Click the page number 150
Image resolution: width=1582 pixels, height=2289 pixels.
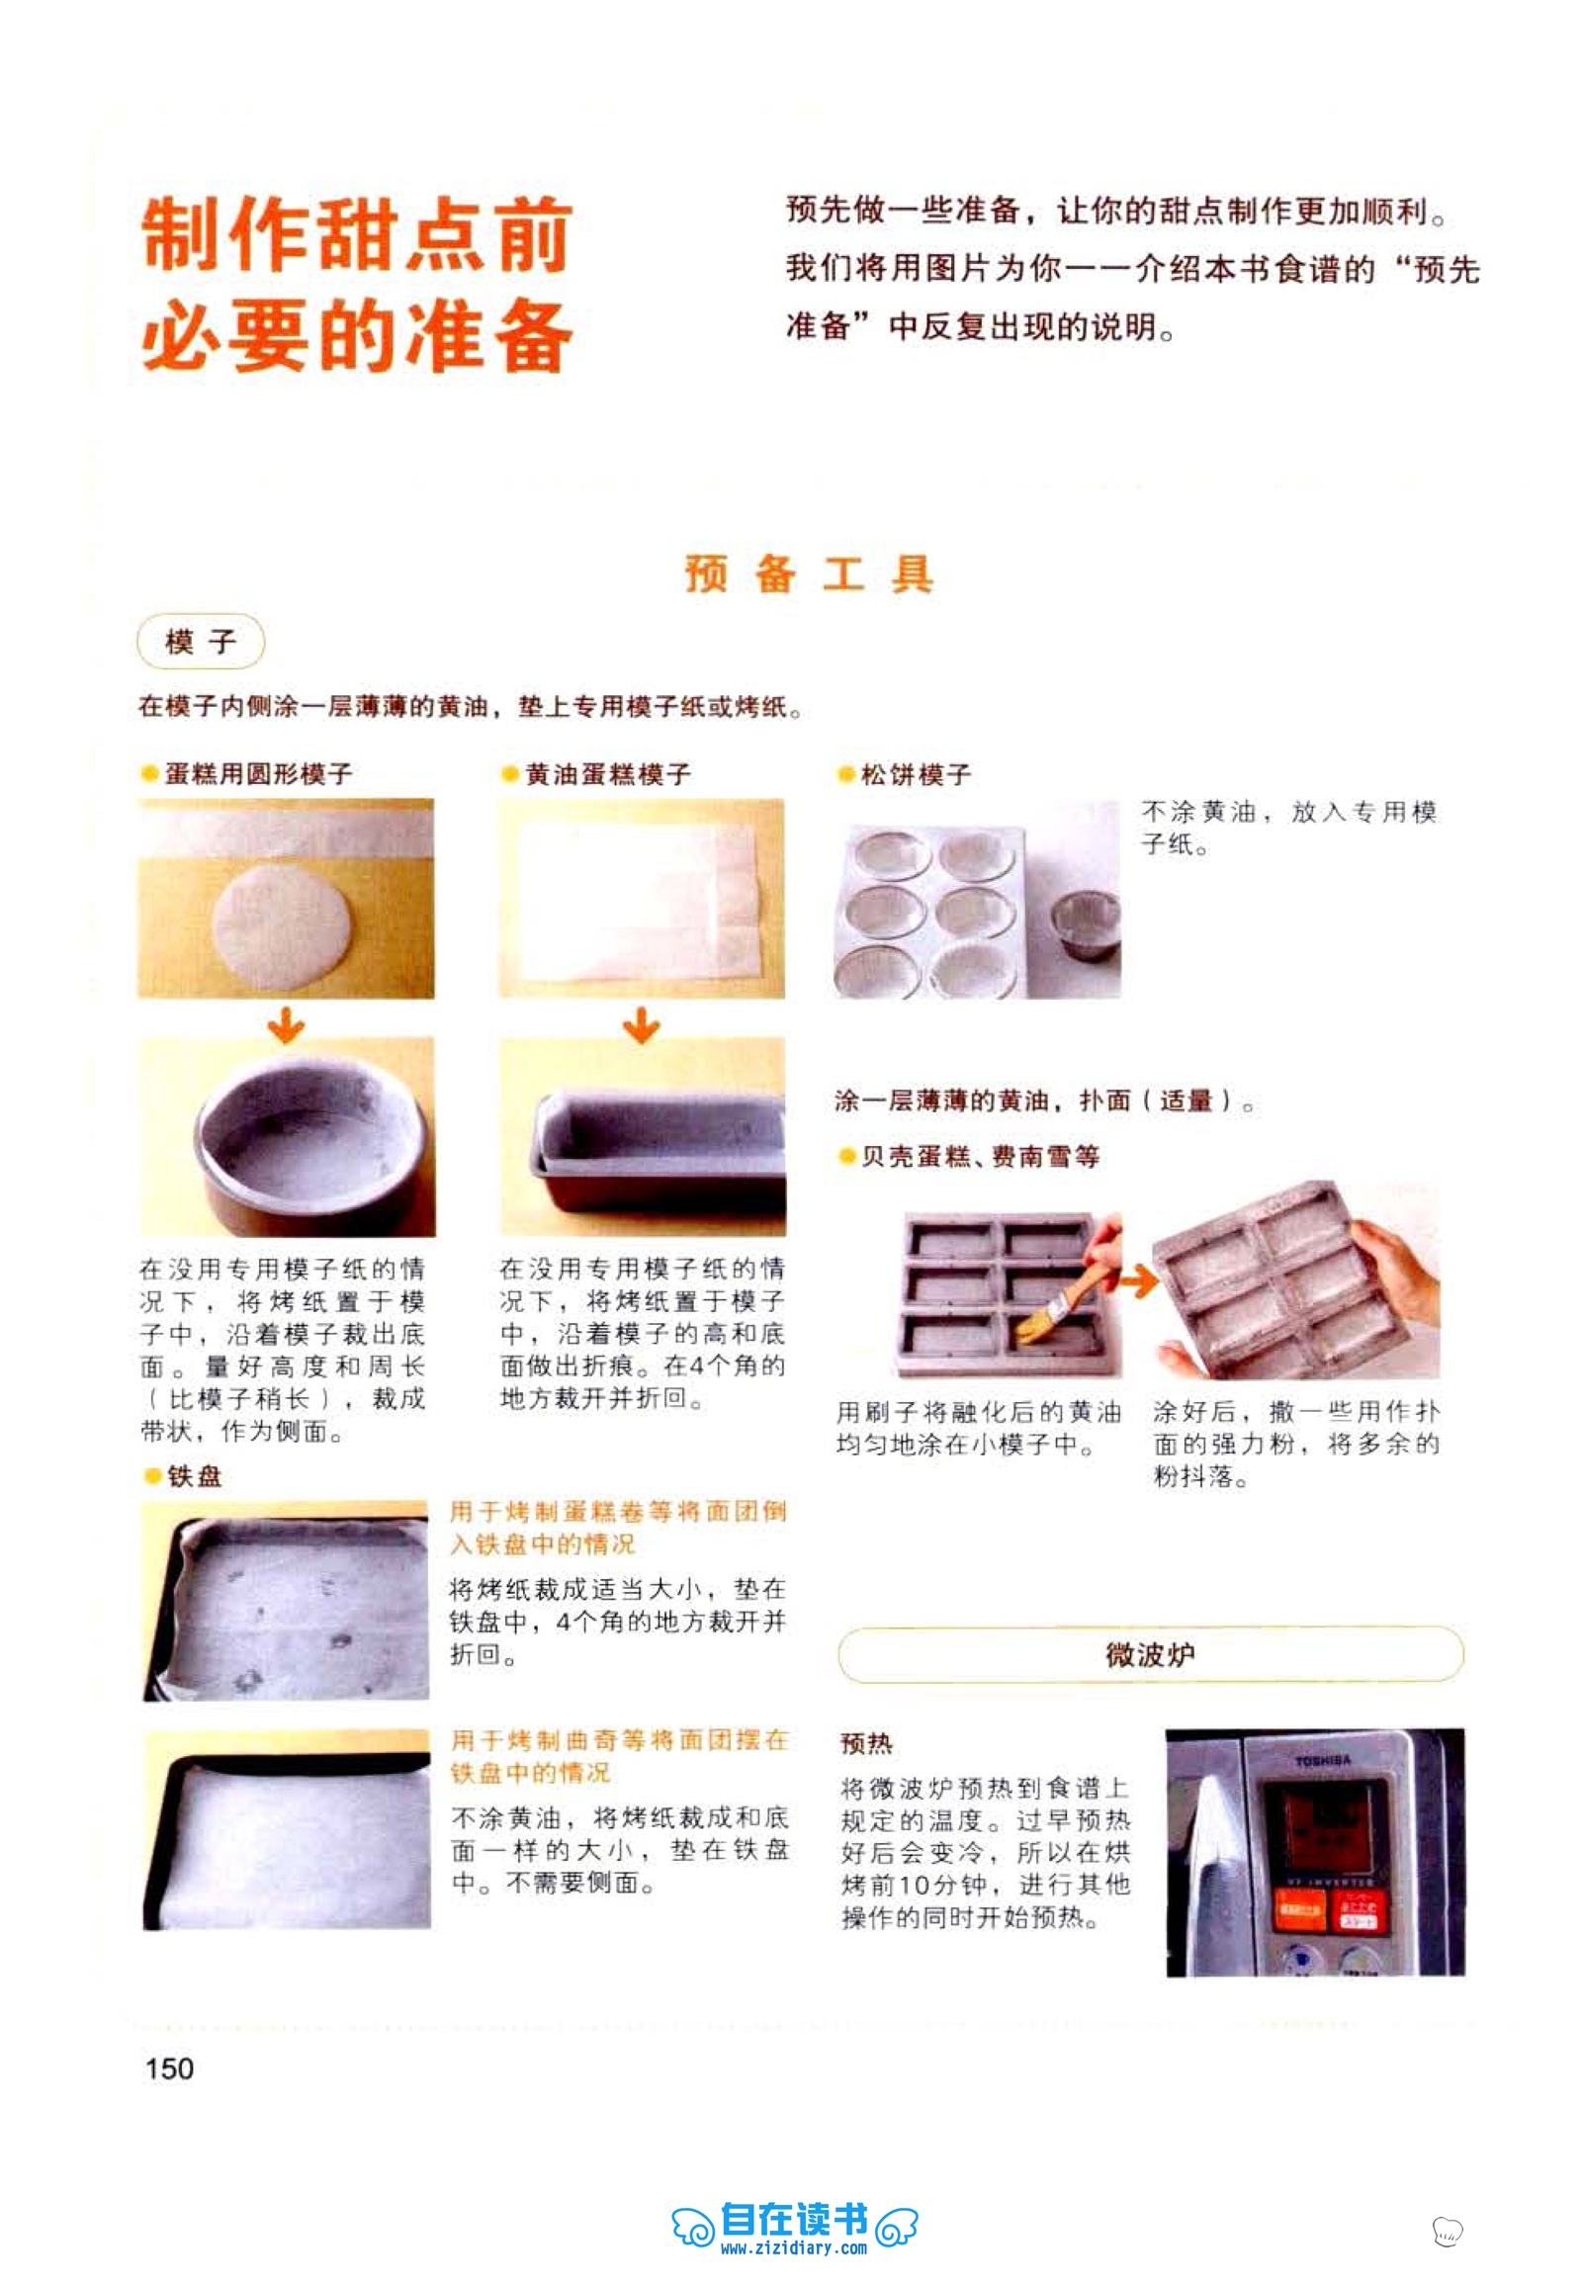click(169, 2068)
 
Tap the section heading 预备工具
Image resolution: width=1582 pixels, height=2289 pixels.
click(809, 574)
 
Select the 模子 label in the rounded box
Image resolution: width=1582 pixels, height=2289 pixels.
click(202, 642)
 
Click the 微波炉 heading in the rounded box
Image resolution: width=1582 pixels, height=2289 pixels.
click(1150, 1653)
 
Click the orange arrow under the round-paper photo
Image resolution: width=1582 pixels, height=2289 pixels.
click(287, 1024)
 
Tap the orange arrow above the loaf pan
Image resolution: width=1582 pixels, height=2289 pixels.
click(642, 1024)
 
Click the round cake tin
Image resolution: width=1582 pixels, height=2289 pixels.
click(314, 1150)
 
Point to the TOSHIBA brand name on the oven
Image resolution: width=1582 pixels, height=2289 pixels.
click(1322, 1761)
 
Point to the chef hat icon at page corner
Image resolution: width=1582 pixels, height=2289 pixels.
click(1448, 2232)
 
